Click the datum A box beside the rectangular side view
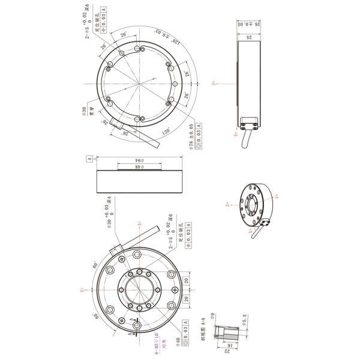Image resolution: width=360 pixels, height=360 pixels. click(x=89, y=159)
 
